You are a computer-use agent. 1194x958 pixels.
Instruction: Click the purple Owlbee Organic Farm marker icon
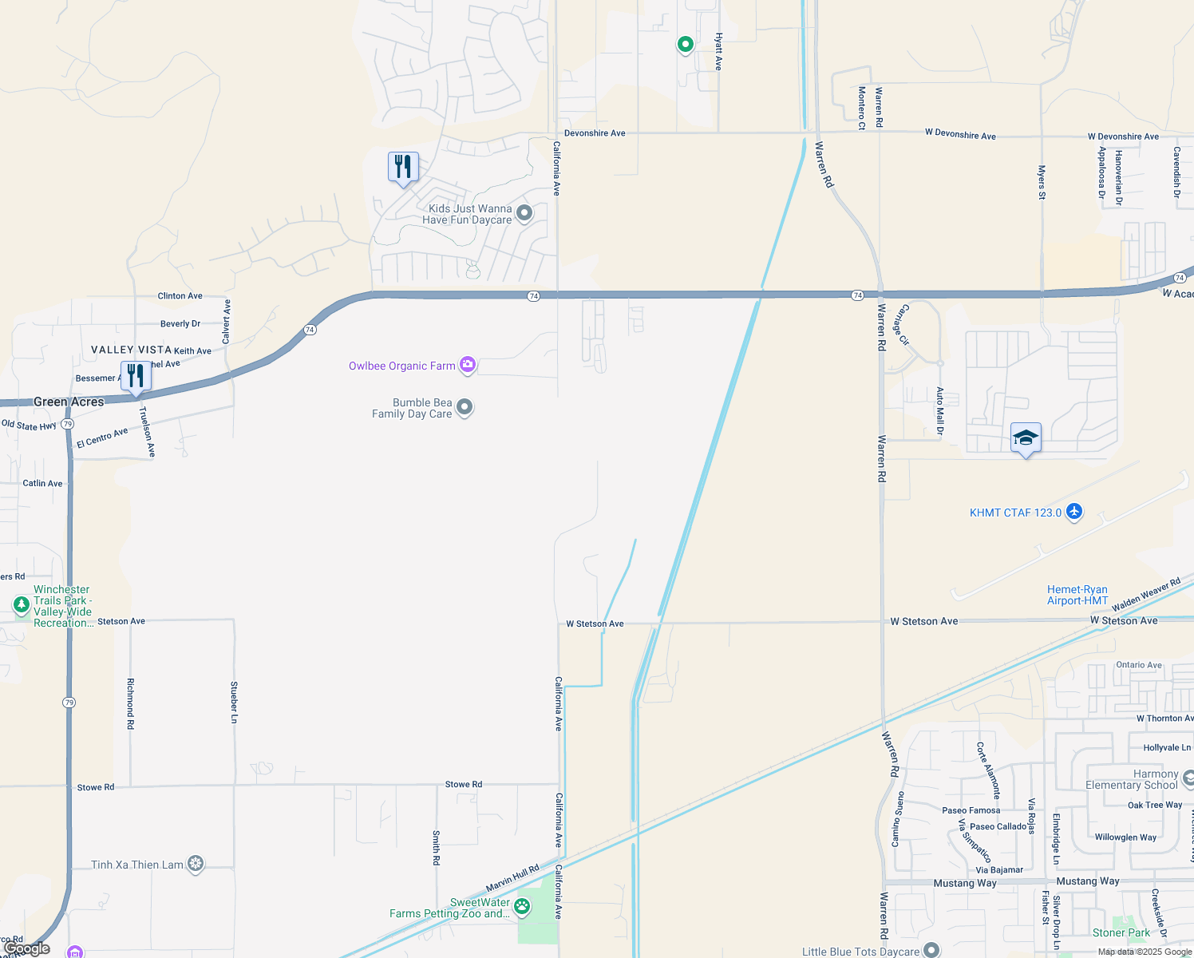[468, 366]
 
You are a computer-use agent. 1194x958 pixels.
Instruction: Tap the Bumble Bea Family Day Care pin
[465, 408]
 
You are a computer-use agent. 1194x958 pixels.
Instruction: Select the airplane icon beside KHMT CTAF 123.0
[1074, 512]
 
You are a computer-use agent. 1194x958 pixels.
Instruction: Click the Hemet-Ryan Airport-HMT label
[1077, 595]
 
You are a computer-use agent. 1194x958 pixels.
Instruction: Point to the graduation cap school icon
[1026, 438]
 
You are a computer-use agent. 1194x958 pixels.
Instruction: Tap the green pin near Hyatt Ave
[685, 44]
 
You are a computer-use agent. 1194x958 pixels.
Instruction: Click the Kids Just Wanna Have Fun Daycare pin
[524, 213]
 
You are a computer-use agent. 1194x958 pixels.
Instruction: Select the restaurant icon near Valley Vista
[136, 376]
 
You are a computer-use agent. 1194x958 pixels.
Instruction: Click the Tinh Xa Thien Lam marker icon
[196, 864]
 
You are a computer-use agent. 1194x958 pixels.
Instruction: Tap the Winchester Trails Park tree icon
[22, 605]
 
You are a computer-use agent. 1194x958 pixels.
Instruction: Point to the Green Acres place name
[69, 402]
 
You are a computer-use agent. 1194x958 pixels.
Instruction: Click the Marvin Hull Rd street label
[512, 877]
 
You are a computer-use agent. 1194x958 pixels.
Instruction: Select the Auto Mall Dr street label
[940, 410]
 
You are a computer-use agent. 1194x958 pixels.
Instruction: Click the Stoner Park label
[1121, 932]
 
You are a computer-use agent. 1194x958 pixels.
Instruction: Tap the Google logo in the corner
[27, 948]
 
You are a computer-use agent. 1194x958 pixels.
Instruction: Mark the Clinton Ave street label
[180, 295]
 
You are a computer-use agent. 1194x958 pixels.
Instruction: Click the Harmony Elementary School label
[1132, 779]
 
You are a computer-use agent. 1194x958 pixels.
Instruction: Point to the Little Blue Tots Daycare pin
[931, 950]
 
